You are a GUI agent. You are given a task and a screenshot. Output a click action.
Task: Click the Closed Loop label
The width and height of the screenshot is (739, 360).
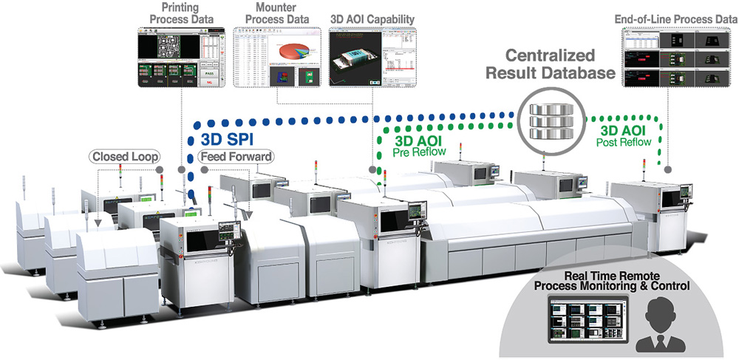(x=123, y=157)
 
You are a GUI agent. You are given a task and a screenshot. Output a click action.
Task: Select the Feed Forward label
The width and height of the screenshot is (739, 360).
(x=236, y=157)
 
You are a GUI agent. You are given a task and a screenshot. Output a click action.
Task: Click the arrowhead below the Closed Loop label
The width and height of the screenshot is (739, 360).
(x=98, y=219)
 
